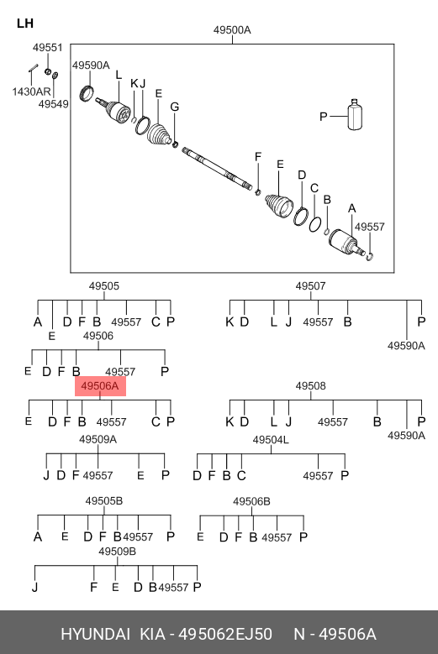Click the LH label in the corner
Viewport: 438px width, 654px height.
click(25, 24)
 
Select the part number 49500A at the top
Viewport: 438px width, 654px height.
click(232, 30)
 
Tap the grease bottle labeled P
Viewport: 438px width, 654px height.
click(355, 115)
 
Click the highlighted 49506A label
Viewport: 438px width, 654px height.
click(100, 386)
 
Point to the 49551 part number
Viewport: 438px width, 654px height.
click(48, 48)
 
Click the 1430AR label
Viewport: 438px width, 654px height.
click(31, 92)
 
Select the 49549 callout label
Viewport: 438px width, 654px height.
click(54, 104)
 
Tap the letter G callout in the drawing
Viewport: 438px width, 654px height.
click(175, 107)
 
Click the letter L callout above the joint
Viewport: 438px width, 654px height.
click(119, 75)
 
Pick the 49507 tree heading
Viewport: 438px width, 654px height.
click(310, 286)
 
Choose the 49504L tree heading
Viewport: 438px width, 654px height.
click(271, 440)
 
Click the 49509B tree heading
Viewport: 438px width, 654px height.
click(118, 552)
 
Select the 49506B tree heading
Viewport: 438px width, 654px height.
click(251, 501)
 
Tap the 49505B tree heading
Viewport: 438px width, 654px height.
click(104, 501)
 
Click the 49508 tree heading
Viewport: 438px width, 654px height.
click(310, 386)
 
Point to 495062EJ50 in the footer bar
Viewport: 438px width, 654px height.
click(225, 635)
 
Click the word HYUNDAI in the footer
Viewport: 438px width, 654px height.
click(96, 635)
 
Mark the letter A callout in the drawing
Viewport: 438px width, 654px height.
click(352, 208)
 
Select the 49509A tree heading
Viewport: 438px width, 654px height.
click(98, 440)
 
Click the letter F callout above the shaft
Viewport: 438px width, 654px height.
click(258, 157)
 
